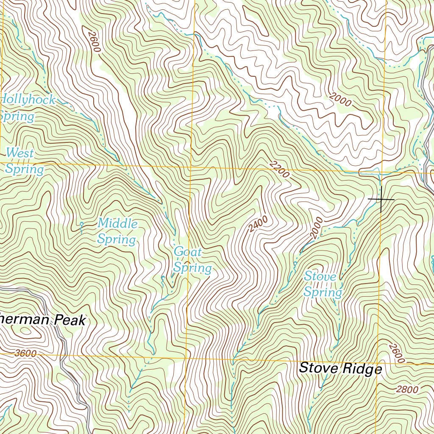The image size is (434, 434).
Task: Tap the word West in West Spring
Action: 20,153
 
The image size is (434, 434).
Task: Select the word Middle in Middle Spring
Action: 117,223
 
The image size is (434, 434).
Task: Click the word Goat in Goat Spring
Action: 188,252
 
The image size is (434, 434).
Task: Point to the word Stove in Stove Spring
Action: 320,277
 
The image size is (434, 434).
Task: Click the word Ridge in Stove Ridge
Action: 360,369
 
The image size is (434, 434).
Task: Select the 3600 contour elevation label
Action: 25,353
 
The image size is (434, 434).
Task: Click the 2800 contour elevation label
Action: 407,389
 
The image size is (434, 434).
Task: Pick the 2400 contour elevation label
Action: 258,224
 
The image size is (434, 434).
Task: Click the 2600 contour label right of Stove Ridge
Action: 395,354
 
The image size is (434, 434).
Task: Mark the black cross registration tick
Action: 381,199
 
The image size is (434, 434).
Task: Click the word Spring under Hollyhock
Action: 17,116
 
